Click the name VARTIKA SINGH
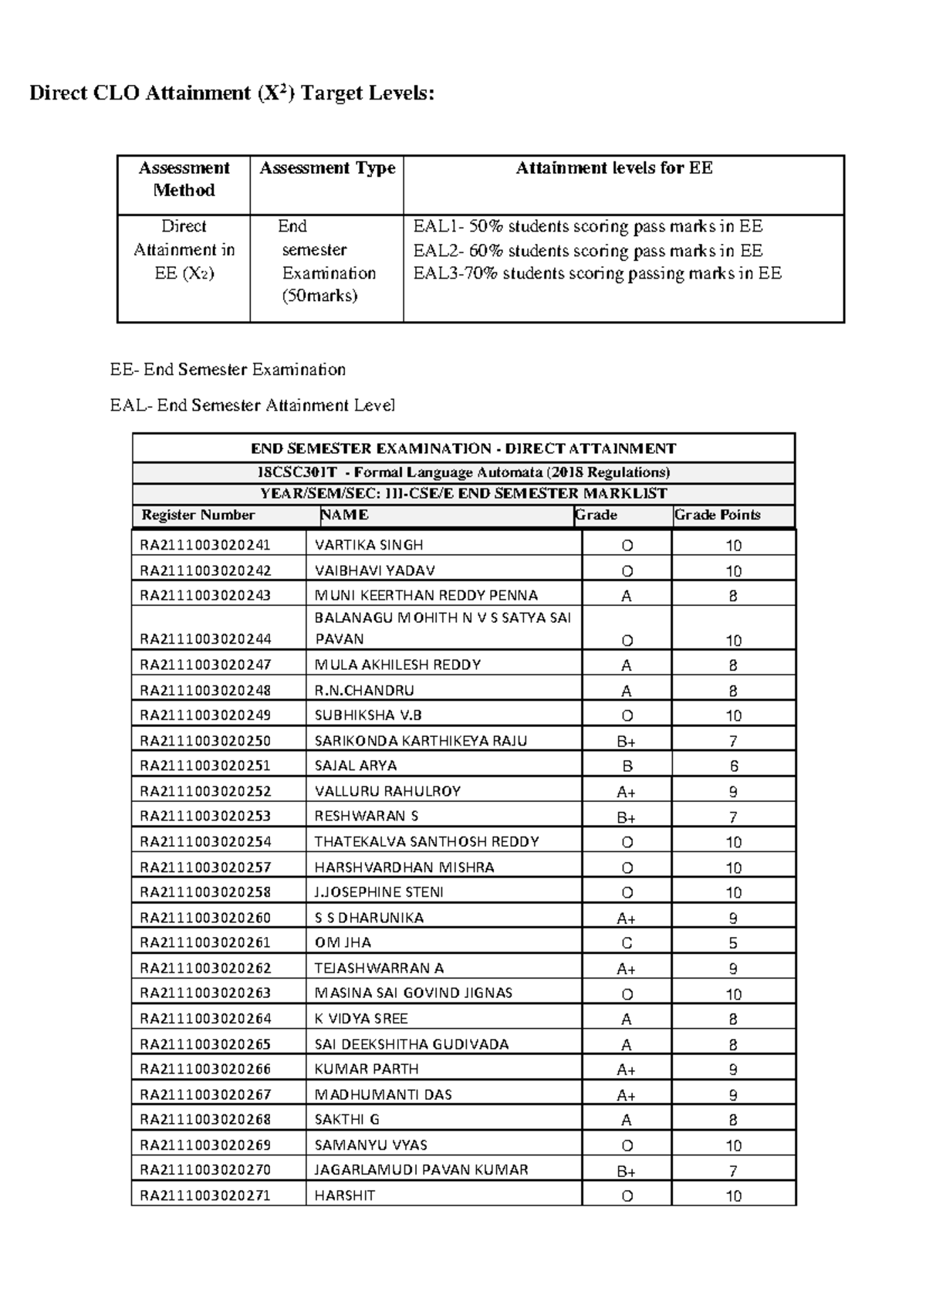[369, 545]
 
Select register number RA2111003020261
[205, 942]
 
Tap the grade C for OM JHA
[627, 943]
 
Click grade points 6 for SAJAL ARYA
[733, 766]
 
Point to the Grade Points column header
[718, 515]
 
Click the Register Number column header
[198, 515]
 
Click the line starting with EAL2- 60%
[587, 250]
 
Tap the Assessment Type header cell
[327, 168]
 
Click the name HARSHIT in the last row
[345, 1196]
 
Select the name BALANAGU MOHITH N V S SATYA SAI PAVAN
[442, 628]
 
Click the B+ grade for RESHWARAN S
[627, 817]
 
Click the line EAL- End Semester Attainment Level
[252, 405]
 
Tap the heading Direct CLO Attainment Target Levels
[231, 93]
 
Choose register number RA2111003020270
[205, 1170]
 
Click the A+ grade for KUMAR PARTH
[627, 1070]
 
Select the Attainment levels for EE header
[614, 168]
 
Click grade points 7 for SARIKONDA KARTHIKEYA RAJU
[733, 742]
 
